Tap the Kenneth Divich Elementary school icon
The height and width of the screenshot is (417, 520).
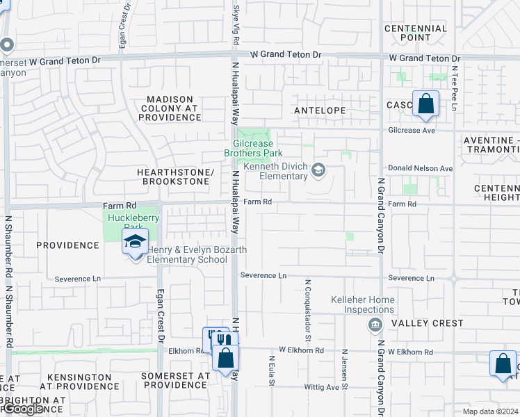pyautogui.click(x=318, y=170)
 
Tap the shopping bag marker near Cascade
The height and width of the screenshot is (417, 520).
pyautogui.click(x=425, y=104)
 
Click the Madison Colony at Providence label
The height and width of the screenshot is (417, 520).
pyautogui.click(x=170, y=108)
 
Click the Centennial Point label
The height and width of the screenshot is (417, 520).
pyautogui.click(x=416, y=33)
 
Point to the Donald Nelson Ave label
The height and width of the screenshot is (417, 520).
pyautogui.click(x=420, y=168)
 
